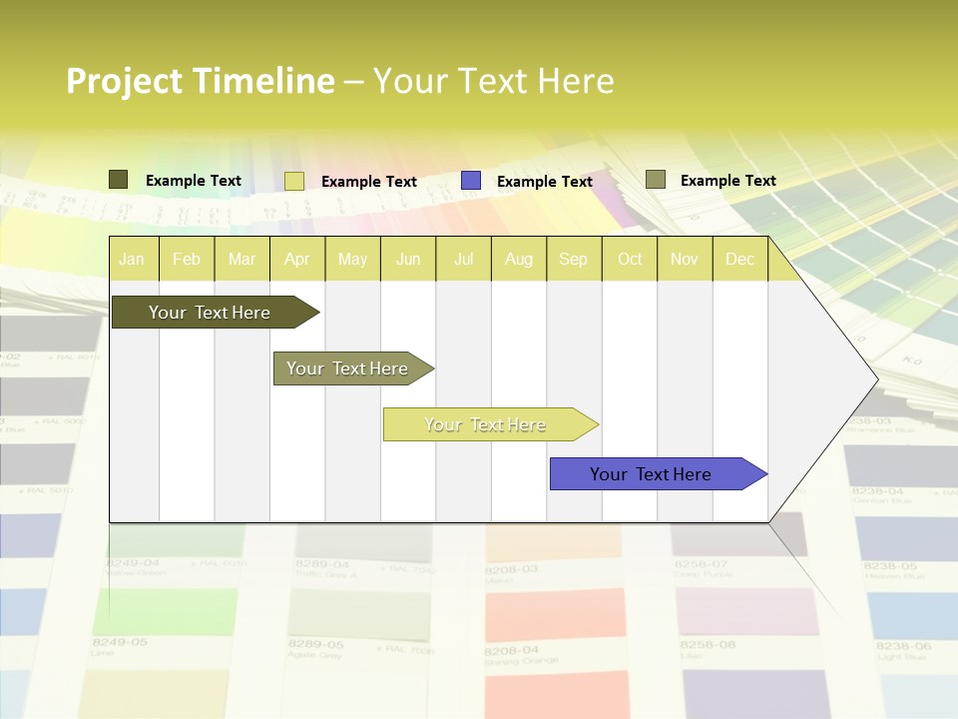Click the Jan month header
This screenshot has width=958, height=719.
(x=132, y=259)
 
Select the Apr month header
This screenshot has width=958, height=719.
(x=296, y=259)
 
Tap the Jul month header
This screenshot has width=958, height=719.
(x=463, y=259)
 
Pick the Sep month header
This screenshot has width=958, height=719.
(x=573, y=259)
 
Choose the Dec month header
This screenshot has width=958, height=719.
(x=739, y=259)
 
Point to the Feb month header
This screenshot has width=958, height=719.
(x=187, y=259)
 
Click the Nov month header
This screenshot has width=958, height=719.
(x=684, y=259)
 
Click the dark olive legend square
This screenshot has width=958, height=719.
(x=118, y=180)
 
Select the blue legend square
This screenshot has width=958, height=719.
(x=471, y=180)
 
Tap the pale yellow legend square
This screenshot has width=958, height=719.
(x=294, y=181)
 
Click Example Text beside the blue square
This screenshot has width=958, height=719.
(x=544, y=182)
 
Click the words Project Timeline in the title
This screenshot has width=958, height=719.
(x=200, y=81)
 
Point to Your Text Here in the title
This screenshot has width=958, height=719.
(x=493, y=81)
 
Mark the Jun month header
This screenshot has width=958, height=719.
(x=407, y=259)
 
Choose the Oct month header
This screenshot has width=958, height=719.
(x=629, y=259)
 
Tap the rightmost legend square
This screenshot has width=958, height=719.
(x=655, y=180)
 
